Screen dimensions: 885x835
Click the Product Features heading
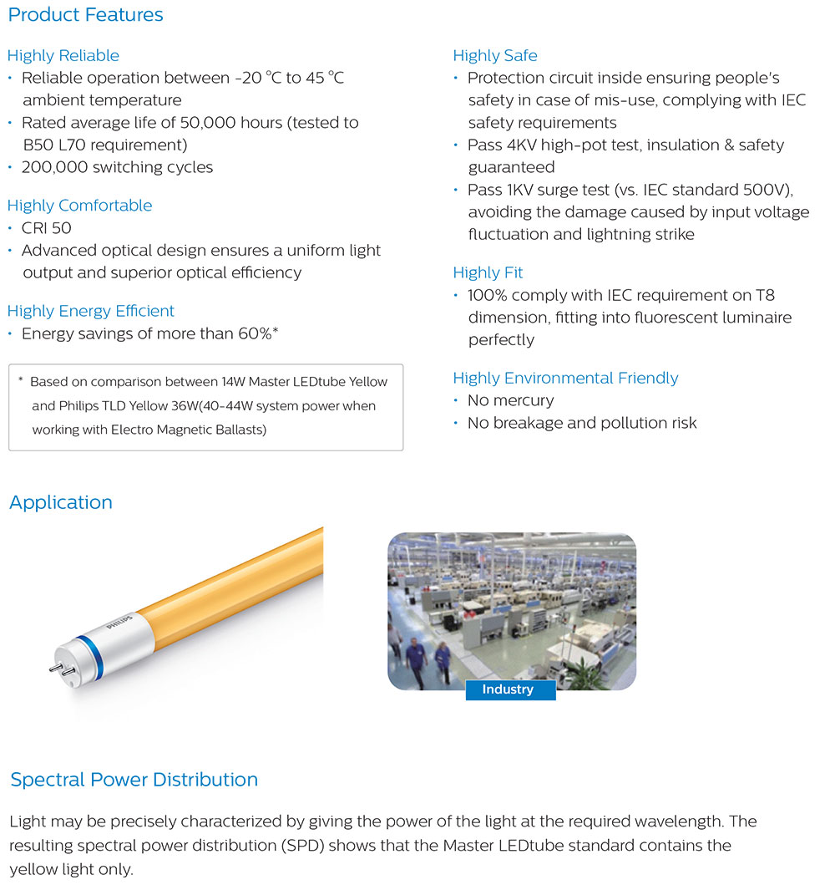(x=85, y=14)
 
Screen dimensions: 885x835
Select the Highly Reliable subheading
(x=63, y=56)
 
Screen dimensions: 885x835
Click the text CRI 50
(x=47, y=227)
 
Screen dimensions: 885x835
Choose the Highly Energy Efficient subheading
(x=91, y=311)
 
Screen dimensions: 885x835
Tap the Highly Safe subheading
(x=495, y=56)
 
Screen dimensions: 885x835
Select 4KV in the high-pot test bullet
(x=523, y=145)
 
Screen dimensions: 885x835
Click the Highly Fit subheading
(x=488, y=272)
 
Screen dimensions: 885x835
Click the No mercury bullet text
(x=510, y=400)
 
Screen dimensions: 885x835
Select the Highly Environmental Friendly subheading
(x=565, y=378)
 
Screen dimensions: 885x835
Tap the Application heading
(x=61, y=502)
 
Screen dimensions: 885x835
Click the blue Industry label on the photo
(x=508, y=689)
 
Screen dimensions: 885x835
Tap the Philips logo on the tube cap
(x=120, y=629)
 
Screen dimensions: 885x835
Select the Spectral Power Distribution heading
(x=134, y=780)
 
